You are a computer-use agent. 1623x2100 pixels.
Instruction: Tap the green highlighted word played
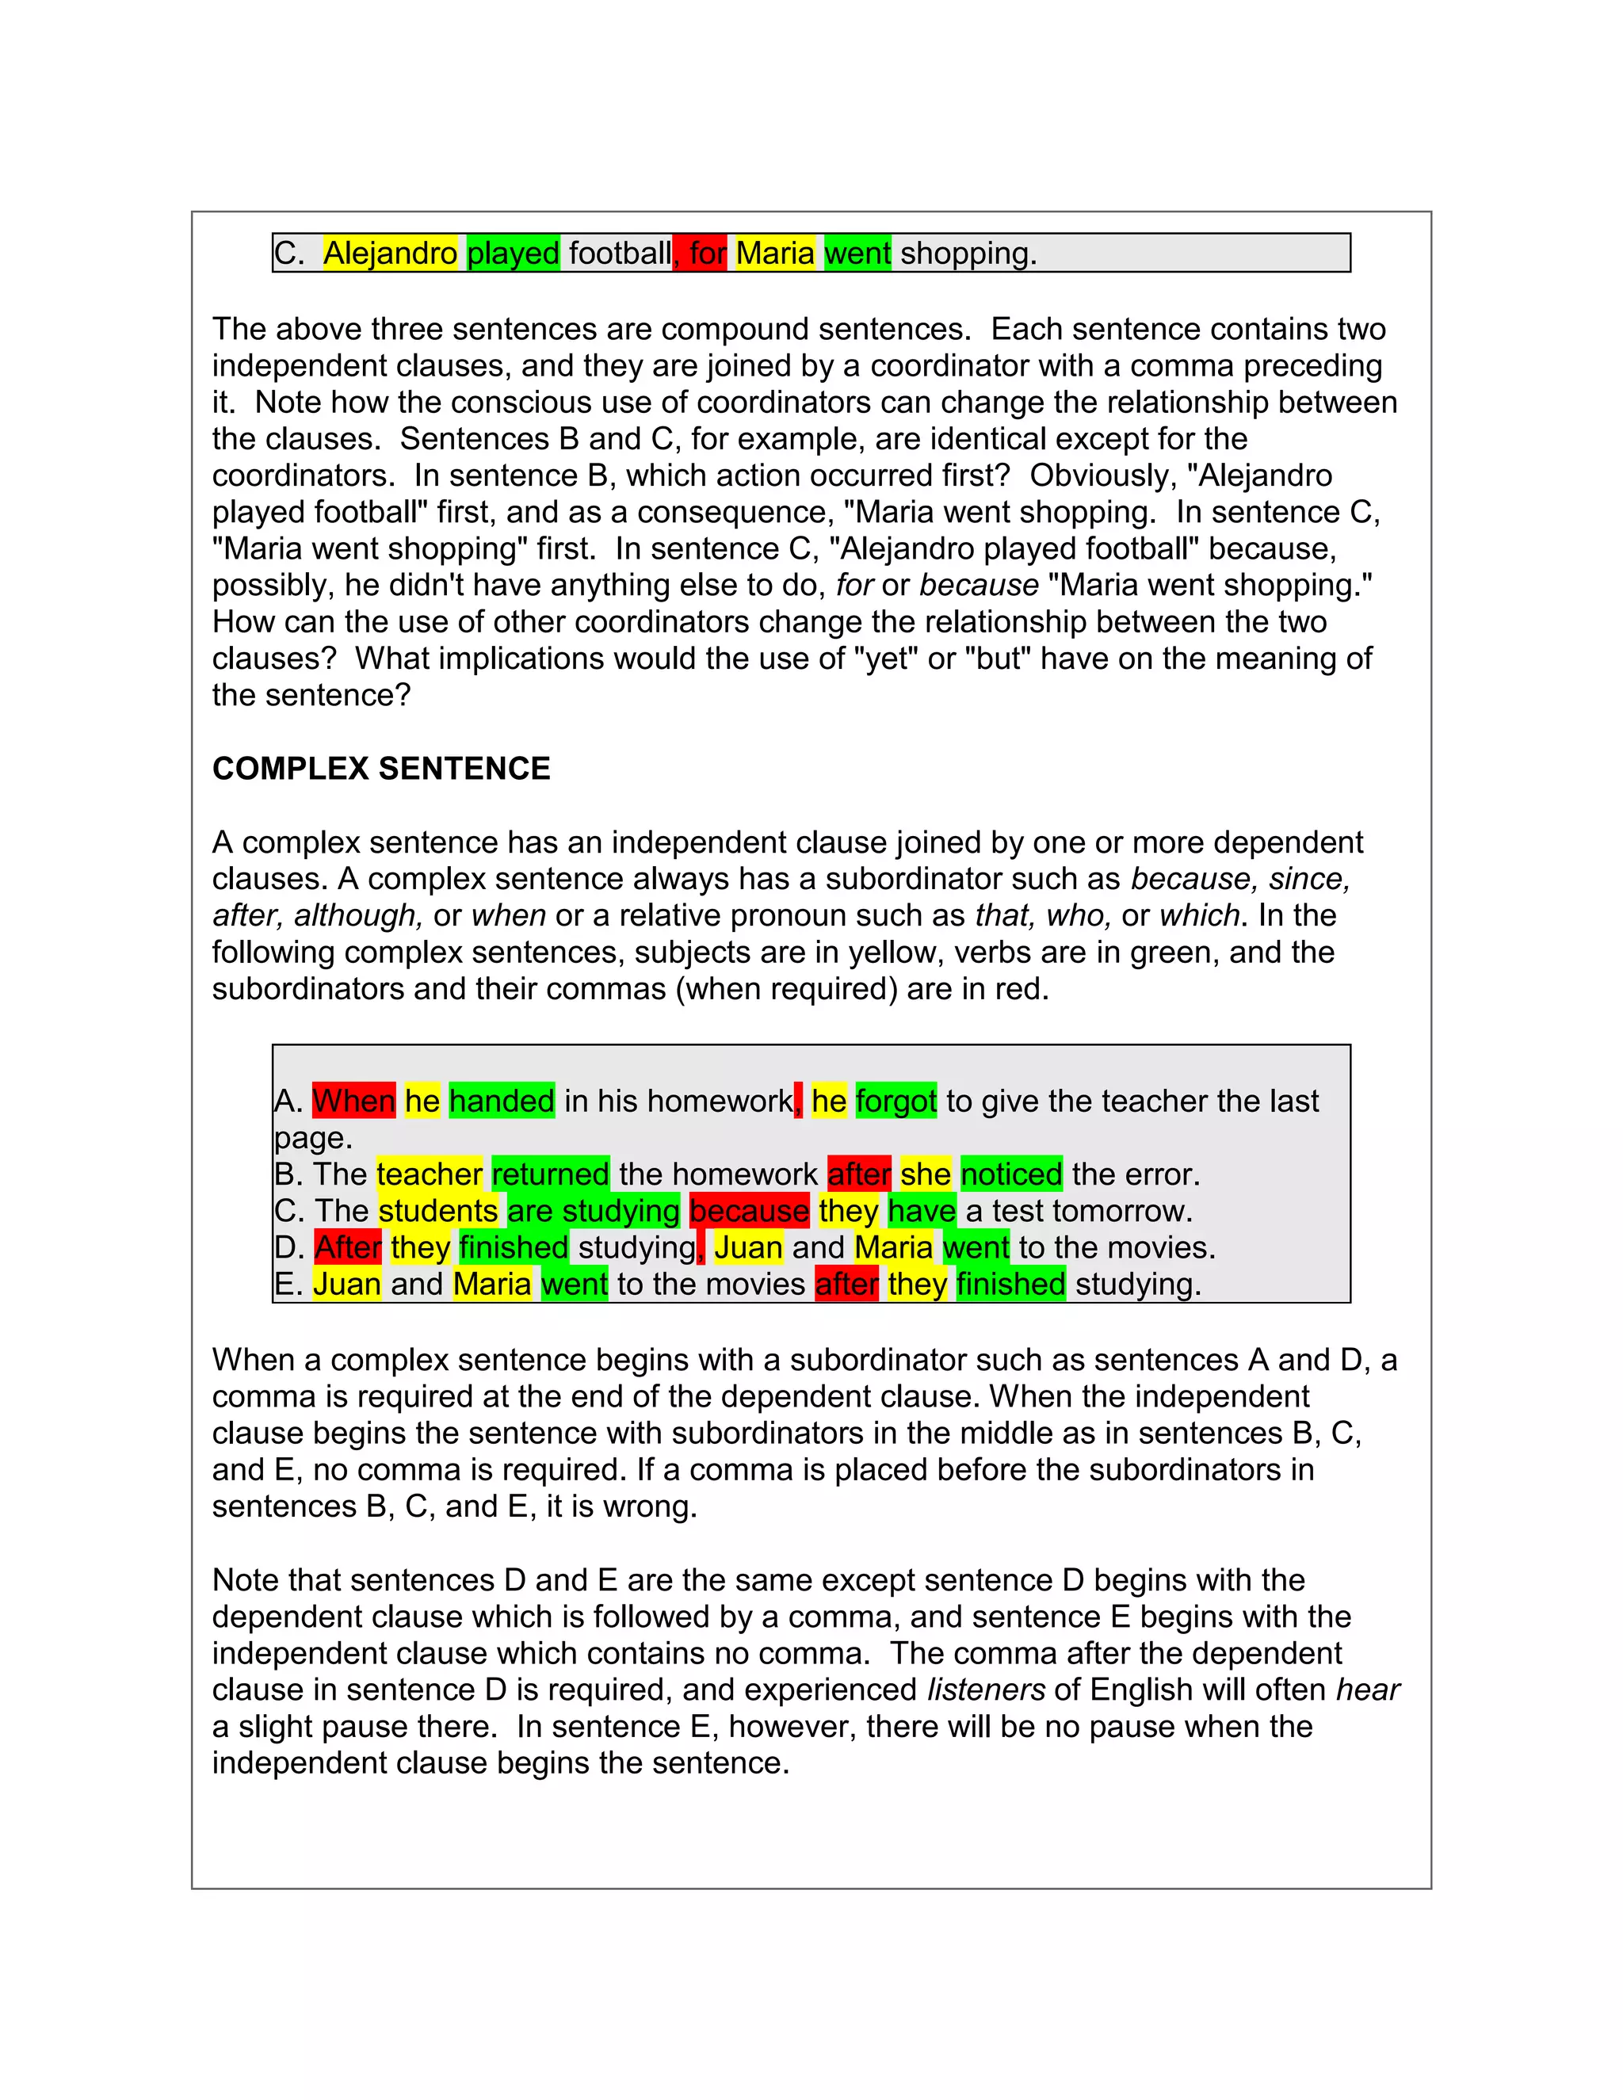[x=513, y=253]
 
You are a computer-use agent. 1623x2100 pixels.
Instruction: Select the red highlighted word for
[x=706, y=253]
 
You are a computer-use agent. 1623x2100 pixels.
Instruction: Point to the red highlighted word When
[x=353, y=1101]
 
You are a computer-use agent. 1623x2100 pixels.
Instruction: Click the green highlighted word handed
[x=501, y=1101]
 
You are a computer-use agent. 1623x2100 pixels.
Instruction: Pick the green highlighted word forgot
[x=896, y=1101]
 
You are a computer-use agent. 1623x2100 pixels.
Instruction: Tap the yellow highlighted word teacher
[x=429, y=1174]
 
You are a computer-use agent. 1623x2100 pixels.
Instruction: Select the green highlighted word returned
[x=550, y=1174]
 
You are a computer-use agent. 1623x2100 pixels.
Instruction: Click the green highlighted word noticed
[x=1010, y=1174]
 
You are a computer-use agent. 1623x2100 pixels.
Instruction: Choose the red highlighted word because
[x=749, y=1211]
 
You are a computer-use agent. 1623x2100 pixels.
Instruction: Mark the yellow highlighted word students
[x=437, y=1211]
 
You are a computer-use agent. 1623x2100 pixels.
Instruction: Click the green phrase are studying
[x=594, y=1211]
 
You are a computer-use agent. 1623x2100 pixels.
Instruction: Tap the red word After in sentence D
[x=347, y=1247]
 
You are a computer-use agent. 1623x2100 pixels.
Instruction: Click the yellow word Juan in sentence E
[x=347, y=1284]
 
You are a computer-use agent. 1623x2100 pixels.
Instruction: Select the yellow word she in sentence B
[x=925, y=1174]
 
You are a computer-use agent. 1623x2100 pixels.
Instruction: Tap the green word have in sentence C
[x=921, y=1211]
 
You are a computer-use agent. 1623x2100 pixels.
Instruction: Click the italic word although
[x=357, y=915]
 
